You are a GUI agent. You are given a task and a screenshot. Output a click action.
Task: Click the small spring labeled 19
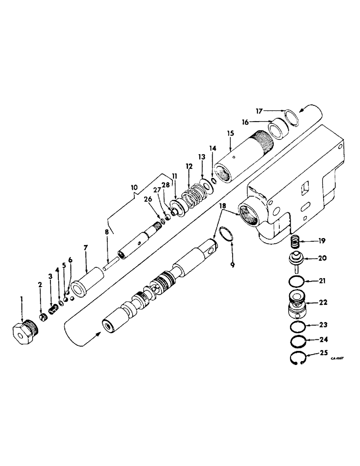[294, 243]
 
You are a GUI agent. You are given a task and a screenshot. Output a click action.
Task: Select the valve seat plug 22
[295, 304]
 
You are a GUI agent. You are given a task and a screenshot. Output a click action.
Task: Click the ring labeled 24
[295, 341]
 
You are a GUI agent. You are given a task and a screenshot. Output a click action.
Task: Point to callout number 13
[202, 158]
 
